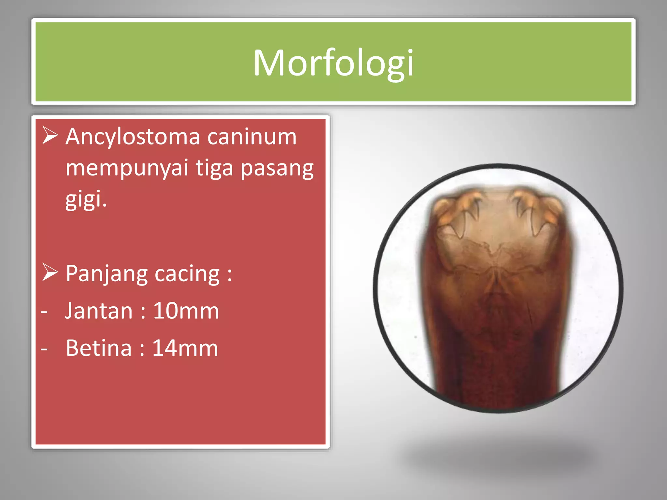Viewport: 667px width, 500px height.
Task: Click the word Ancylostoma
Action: coord(133,137)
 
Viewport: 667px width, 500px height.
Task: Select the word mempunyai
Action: coord(127,169)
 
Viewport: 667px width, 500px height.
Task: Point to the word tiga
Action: coord(214,169)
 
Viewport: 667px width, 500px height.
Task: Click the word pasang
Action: coord(277,169)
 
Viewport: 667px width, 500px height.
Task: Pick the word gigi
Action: coord(86,199)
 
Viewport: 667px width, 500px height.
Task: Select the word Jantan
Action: coord(99,311)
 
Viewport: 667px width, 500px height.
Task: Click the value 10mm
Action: coord(186,311)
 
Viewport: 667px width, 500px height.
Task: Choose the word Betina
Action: coord(99,348)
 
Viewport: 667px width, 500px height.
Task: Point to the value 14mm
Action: coord(185,348)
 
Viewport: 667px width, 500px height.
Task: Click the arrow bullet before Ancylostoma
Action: coord(50,135)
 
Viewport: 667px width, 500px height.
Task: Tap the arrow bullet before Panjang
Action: coord(50,272)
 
